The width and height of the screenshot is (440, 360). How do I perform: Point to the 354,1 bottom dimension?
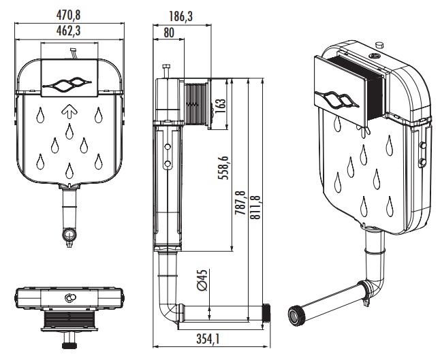[x=208, y=338]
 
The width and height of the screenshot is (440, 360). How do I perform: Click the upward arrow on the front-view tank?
[x=69, y=111]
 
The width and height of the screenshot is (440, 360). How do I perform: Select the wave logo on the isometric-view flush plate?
[x=339, y=100]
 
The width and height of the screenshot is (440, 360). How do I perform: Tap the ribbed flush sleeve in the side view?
[x=195, y=103]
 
